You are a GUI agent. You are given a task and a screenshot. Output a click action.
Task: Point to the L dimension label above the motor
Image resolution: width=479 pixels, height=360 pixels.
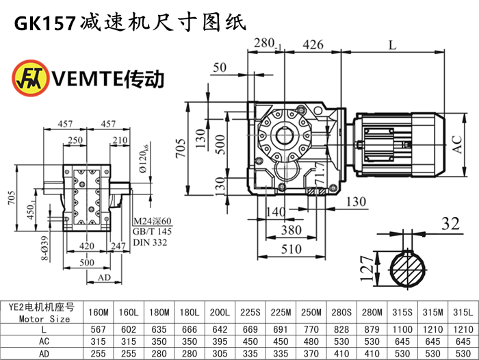(392, 45)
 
